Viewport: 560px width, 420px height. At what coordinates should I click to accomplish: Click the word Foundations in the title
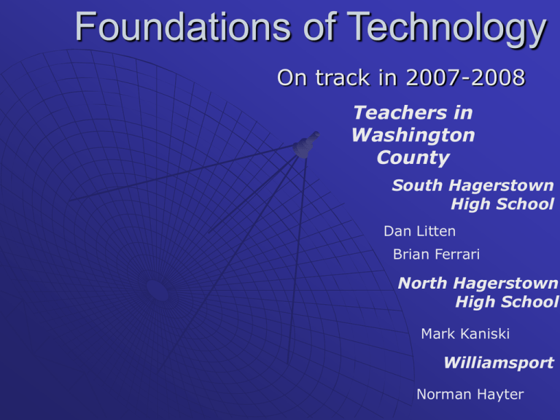tap(183, 27)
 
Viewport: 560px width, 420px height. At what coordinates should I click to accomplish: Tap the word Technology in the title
tap(447, 29)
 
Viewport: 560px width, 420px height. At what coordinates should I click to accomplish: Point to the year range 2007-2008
tap(465, 77)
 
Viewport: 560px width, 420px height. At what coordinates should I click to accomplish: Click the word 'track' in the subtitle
tap(343, 77)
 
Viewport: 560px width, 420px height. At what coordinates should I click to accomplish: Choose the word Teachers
tap(400, 113)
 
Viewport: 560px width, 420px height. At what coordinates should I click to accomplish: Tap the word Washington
tap(413, 136)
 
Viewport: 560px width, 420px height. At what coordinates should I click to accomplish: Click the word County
tap(413, 157)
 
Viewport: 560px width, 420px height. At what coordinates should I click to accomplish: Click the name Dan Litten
tap(420, 231)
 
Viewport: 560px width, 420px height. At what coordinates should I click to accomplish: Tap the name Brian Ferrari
tap(437, 254)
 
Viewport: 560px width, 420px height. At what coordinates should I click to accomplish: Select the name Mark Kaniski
tap(465, 334)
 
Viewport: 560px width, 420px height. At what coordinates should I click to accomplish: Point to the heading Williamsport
tap(499, 363)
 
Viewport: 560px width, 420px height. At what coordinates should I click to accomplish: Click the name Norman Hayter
tap(470, 394)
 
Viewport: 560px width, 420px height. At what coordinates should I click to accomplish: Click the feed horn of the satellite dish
tap(306, 144)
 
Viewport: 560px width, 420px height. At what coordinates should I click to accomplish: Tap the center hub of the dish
tap(157, 290)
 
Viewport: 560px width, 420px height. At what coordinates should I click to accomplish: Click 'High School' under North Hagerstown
tap(507, 302)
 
